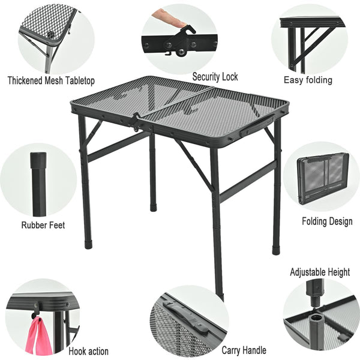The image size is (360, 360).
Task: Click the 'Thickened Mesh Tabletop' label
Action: coord(51,80)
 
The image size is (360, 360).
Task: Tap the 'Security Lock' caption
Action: coord(215,77)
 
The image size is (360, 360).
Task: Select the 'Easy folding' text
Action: coord(308,80)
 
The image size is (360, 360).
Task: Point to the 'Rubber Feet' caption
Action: coord(43,225)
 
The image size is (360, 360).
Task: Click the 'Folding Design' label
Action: coord(327,221)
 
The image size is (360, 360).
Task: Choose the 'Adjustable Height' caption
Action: coord(320,272)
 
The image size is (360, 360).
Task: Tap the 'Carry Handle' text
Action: coord(244,350)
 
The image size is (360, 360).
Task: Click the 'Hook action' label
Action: coord(88,351)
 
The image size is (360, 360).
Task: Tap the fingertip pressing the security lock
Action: coord(181,23)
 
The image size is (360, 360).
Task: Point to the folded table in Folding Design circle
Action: coord(322,178)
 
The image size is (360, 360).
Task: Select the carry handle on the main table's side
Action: coord(256,125)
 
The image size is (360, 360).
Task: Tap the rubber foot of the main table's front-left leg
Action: coord(88,245)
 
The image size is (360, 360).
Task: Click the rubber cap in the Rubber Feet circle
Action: coord(38,160)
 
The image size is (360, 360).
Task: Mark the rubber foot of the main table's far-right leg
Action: coord(276,250)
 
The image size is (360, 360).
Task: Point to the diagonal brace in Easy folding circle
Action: coord(312,46)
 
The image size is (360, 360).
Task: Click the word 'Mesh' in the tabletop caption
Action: coord(53,80)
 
